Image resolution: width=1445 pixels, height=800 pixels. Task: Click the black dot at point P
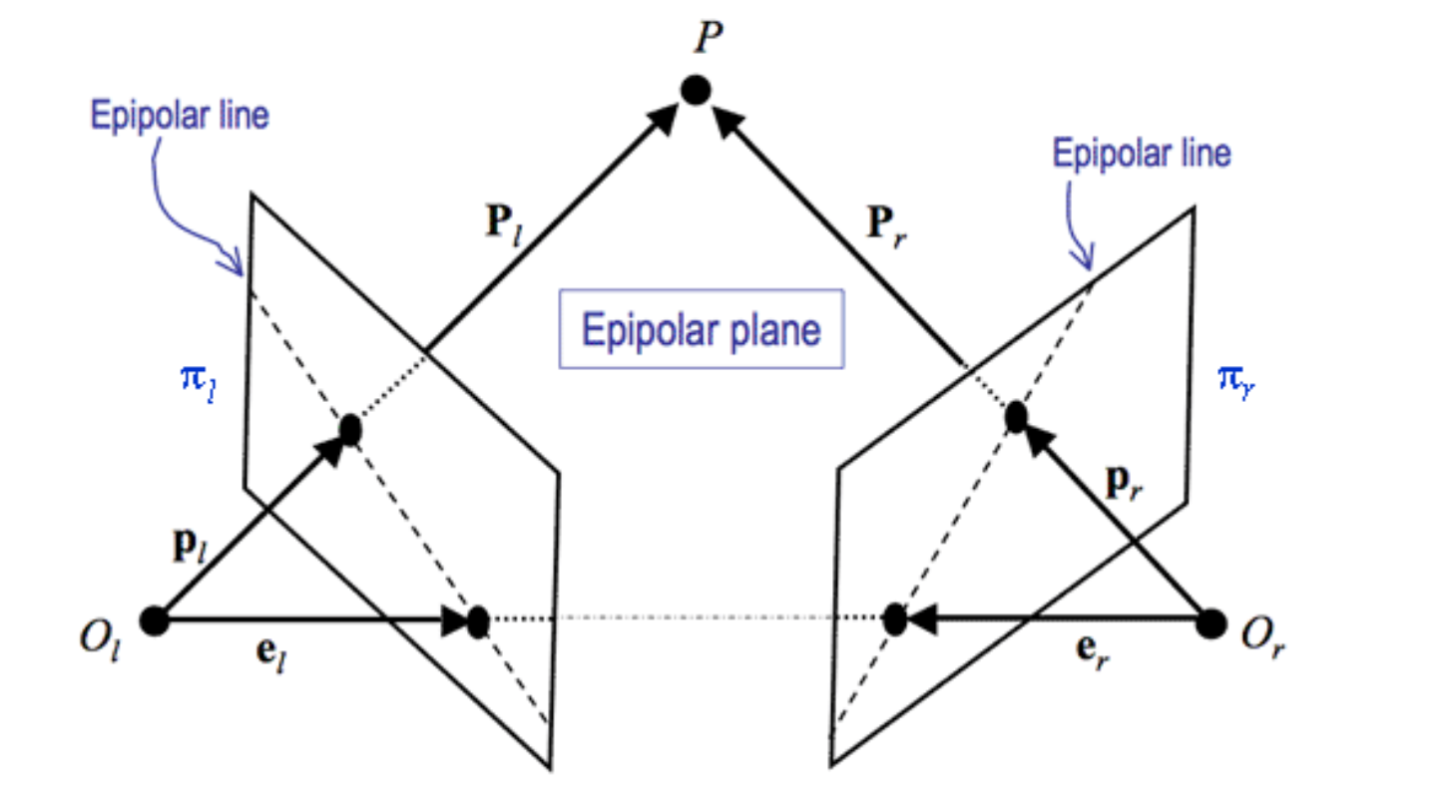pos(696,91)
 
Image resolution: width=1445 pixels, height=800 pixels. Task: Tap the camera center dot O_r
pos(1210,622)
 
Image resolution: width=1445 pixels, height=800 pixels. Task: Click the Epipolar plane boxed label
pos(702,330)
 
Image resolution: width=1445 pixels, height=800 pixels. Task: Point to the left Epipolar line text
pos(180,116)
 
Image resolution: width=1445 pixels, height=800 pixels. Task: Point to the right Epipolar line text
pos(1142,155)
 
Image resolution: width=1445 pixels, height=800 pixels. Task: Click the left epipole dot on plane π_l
pos(477,621)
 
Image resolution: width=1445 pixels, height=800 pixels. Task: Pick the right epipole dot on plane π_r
pos(894,619)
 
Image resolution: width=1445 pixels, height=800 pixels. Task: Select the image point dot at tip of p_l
pos(349,430)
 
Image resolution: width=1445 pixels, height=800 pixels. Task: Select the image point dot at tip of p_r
pos(1016,416)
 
